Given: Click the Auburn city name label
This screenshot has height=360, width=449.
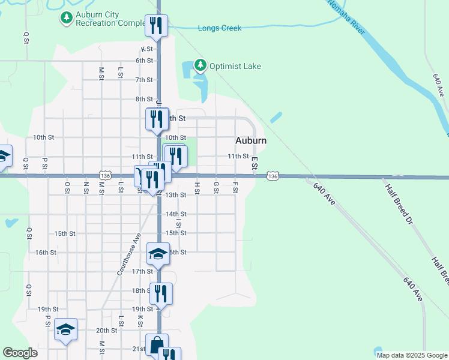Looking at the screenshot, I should (250, 140).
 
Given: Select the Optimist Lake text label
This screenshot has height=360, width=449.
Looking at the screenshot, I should (235, 66).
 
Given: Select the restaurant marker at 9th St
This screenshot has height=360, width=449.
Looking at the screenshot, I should (157, 119).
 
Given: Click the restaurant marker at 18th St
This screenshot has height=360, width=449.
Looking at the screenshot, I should (160, 293).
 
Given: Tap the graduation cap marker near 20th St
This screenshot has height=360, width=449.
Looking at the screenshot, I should (65, 329).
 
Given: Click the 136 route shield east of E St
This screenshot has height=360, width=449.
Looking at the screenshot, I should (273, 176).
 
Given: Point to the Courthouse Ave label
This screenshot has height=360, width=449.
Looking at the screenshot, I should (128, 254).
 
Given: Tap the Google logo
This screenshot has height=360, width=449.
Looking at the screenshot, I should (20, 353).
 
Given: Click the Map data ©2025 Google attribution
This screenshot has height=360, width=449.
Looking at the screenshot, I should (412, 355).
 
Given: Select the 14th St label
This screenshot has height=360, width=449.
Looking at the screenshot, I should (176, 214).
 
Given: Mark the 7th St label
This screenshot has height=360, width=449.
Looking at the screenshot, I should (144, 80).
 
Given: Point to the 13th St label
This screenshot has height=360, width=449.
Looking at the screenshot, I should (176, 195).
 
